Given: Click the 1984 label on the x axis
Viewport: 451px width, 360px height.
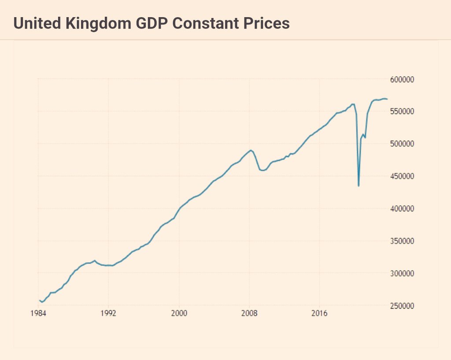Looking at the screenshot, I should click(x=38, y=314).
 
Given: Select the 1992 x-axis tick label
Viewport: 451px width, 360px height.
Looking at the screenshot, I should click(x=108, y=314).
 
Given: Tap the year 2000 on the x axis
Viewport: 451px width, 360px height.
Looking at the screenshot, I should click(x=179, y=314).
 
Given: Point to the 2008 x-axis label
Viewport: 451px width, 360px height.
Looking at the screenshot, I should click(x=249, y=314).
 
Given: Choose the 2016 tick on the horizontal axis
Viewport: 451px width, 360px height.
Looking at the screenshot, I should click(x=319, y=314).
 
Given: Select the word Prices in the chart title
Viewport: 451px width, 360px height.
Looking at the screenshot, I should click(x=268, y=23).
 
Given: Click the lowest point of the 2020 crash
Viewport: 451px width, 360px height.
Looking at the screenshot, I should click(x=359, y=186).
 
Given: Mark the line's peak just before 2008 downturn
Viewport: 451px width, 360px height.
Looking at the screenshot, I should click(x=251, y=150).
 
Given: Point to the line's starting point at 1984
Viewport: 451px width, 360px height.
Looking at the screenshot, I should click(x=40, y=300).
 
